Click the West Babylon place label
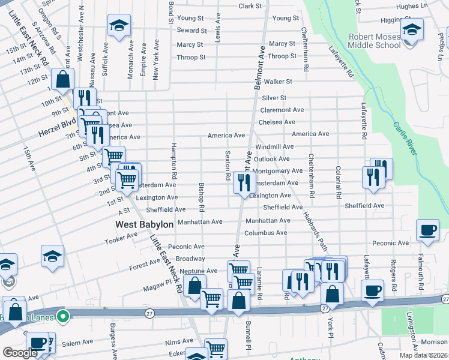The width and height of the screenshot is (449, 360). click(144, 224)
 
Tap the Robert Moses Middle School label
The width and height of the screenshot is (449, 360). click(375, 41)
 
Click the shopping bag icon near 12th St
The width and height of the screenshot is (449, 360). click(62, 79)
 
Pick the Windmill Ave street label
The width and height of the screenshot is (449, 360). click(274, 146)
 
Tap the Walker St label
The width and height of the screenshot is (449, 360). click(278, 81)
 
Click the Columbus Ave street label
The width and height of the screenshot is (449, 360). click(265, 233)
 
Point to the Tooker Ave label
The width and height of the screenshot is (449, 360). click(121, 238)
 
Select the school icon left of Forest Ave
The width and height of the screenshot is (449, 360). click(52, 256)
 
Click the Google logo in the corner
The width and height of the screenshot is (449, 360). click(20, 353)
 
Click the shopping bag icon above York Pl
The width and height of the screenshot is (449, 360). click(332, 294)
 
